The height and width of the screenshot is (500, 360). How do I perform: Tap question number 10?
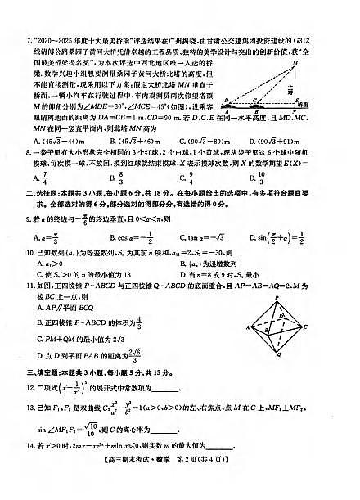click(x=30, y=257)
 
